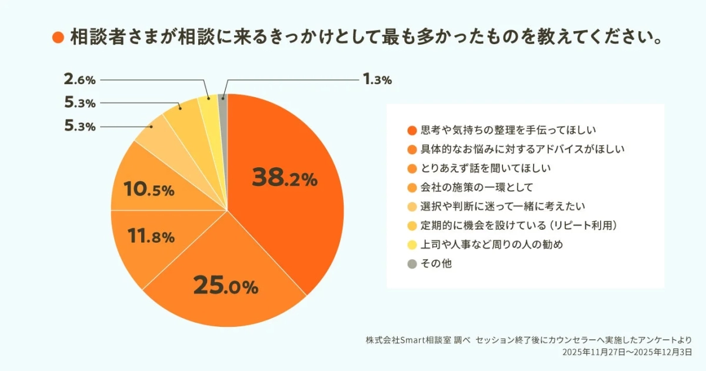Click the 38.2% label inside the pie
(x=284, y=177)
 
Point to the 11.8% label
(x=151, y=237)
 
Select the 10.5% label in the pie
(x=149, y=190)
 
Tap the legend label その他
(x=436, y=264)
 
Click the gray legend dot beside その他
(x=412, y=264)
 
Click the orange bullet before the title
(x=58, y=38)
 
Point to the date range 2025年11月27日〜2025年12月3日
(x=627, y=353)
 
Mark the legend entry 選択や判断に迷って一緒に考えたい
(x=504, y=207)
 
